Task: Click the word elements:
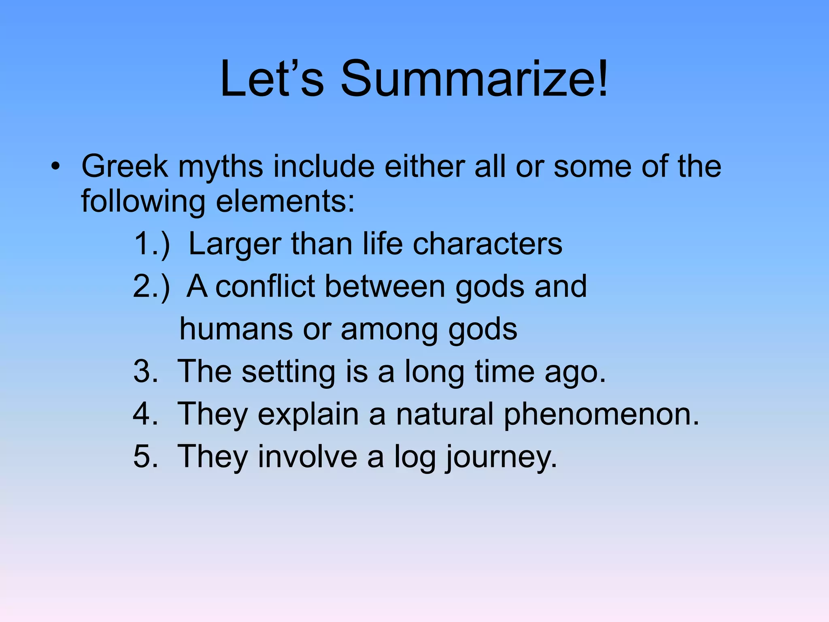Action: [x=285, y=201]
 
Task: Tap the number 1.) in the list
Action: [x=151, y=244]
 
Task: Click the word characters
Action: [x=487, y=244]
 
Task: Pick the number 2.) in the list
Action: [x=151, y=287]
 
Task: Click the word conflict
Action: [x=265, y=287]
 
